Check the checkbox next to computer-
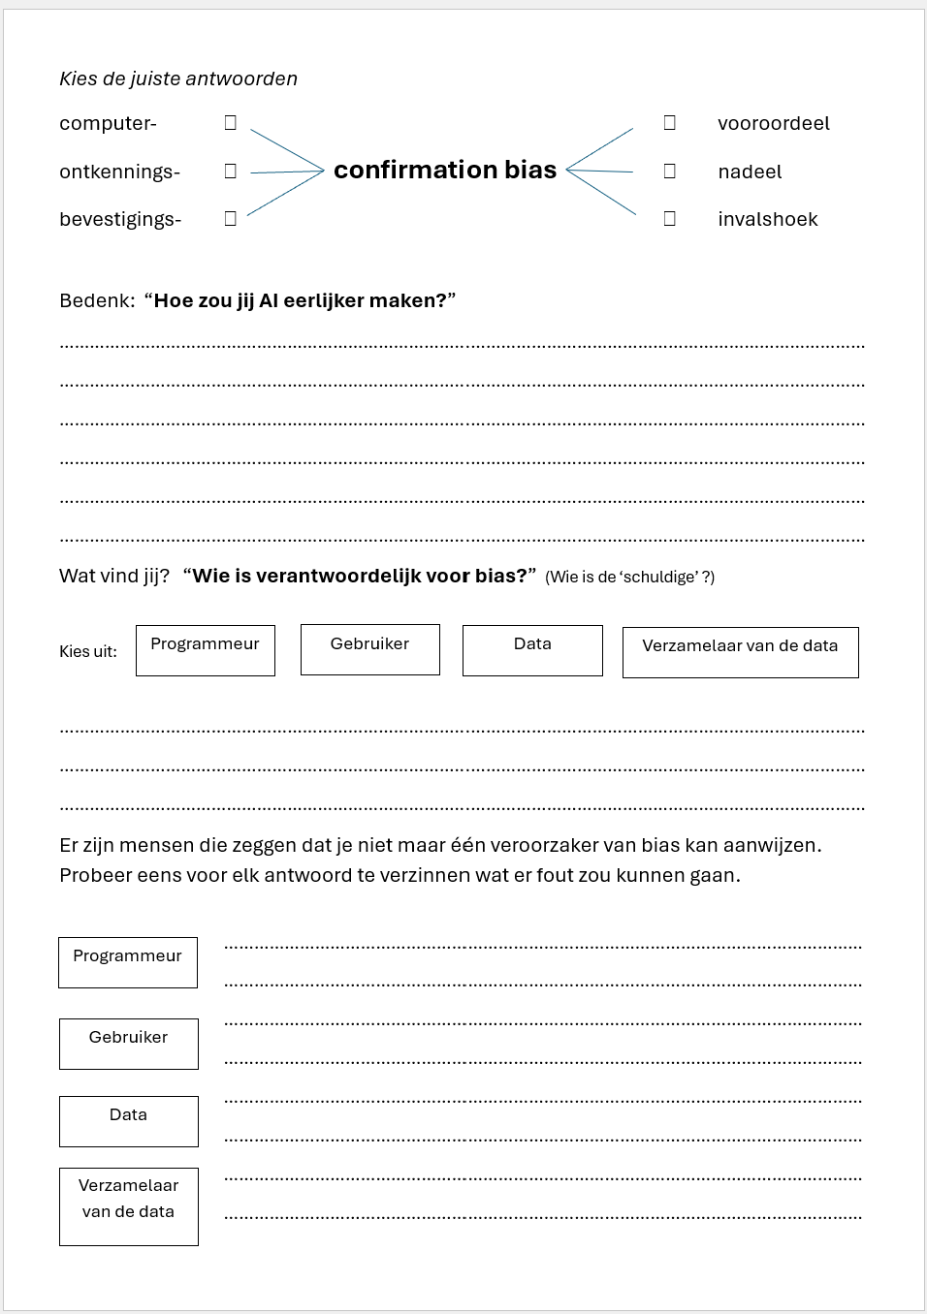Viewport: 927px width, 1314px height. point(231,123)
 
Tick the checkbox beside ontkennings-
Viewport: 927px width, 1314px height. point(231,172)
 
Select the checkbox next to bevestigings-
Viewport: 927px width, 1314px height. point(231,219)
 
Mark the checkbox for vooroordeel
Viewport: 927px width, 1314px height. point(669,123)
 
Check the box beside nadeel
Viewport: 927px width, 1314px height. point(669,172)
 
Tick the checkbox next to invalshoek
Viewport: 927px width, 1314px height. point(669,219)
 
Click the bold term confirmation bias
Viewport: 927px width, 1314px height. point(445,171)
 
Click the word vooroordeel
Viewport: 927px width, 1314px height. point(773,124)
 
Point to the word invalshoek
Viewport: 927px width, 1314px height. point(767,220)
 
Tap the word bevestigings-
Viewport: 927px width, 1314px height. point(120,220)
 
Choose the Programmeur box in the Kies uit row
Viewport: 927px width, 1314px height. point(206,650)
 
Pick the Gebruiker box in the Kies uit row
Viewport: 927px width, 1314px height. point(370,649)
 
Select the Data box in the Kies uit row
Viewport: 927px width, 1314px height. point(532,650)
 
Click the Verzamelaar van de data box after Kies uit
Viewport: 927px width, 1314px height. point(740,652)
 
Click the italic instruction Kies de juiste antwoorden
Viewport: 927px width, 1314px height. point(178,79)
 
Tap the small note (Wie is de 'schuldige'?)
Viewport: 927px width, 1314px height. point(629,578)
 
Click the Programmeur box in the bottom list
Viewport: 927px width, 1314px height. point(128,962)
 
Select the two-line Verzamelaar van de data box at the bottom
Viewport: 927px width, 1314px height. point(129,1206)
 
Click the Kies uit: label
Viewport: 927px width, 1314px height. point(88,652)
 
